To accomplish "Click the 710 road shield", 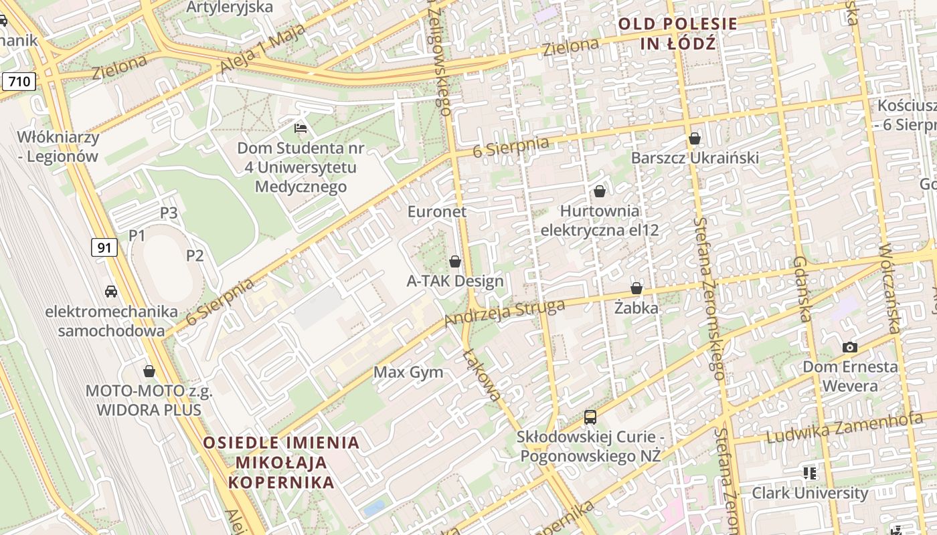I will click(x=19, y=82).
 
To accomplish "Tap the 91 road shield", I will click(x=104, y=247).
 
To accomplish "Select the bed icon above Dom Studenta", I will click(x=301, y=128).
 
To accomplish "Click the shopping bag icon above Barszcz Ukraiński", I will click(x=695, y=138).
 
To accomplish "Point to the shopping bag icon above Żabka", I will click(x=636, y=288).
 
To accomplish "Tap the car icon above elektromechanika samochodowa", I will click(x=111, y=292).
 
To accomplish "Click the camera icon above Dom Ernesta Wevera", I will click(x=850, y=347).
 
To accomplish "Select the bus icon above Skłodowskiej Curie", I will click(x=590, y=417).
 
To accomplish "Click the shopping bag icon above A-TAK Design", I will click(x=455, y=261).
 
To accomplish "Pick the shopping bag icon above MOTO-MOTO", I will click(x=149, y=370).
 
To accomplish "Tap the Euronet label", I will click(x=437, y=211).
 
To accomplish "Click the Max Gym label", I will click(x=408, y=372).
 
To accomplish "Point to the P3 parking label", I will click(x=169, y=213).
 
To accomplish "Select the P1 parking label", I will click(x=137, y=235).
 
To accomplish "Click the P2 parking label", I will click(x=195, y=255).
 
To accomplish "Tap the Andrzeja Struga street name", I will click(x=505, y=314).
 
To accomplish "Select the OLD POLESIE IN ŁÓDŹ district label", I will click(x=677, y=34).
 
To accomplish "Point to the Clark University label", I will click(x=810, y=494).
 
